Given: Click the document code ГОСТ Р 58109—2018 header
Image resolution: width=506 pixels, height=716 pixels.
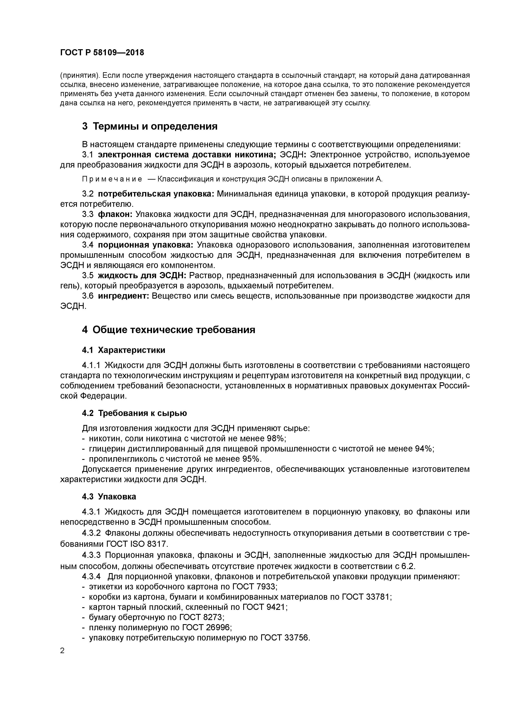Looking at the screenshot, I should pyautogui.click(x=102, y=53).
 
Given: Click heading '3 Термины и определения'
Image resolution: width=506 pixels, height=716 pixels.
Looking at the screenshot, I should pyautogui.click(x=150, y=126).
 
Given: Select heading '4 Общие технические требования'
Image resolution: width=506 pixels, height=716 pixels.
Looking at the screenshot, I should pyautogui.click(x=168, y=330).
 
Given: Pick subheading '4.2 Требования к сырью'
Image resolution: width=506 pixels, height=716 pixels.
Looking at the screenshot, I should pyautogui.click(x=134, y=413).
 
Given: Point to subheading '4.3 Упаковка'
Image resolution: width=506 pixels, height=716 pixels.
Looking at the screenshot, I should pyautogui.click(x=109, y=496).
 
